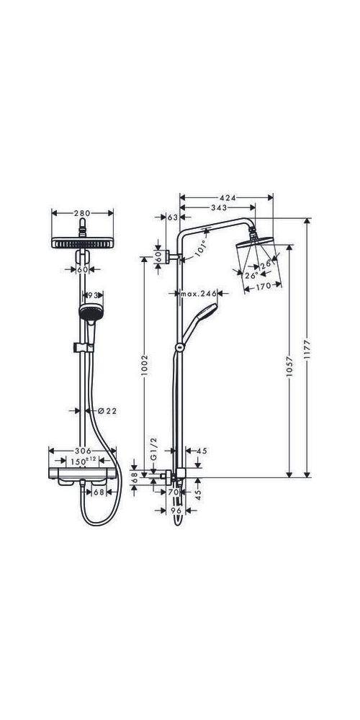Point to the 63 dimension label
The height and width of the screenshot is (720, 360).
click(172, 217)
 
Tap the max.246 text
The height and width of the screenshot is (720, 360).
click(199, 294)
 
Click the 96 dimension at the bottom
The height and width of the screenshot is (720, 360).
click(176, 510)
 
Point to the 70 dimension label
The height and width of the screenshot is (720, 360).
click(172, 492)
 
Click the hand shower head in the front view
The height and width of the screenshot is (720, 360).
click(90, 314)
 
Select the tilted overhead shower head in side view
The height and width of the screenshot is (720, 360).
click(252, 256)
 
